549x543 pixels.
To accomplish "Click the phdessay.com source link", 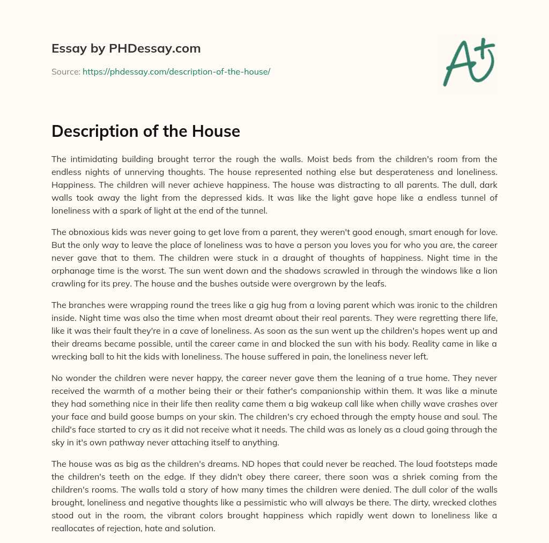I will (176, 71).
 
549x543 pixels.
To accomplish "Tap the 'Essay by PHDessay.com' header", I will (126, 48).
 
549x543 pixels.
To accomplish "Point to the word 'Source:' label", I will (65, 71).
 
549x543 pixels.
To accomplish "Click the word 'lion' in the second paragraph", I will (488, 270).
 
